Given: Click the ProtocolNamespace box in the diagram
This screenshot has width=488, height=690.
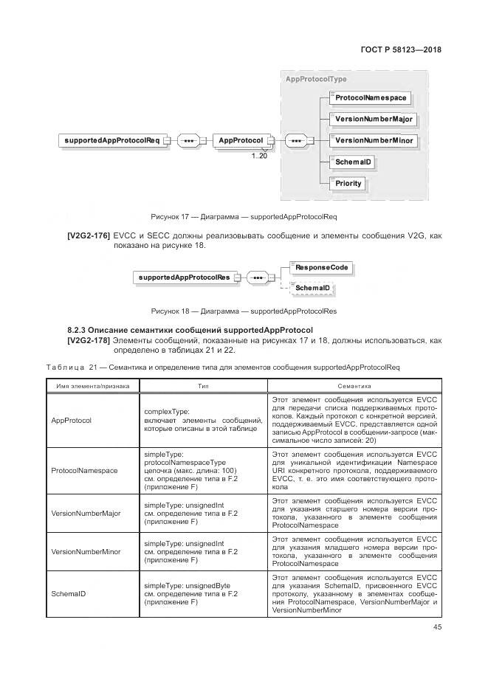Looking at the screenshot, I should (370, 97).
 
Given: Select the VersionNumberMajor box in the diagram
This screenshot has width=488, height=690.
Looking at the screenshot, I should (373, 119).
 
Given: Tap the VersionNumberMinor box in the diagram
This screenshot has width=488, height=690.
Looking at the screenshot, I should (373, 140).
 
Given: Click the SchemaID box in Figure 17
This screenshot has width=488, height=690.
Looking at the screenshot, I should (351, 162).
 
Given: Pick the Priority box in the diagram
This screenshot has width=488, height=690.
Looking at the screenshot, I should (348, 183).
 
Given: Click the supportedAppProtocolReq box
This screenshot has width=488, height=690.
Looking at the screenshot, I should (111, 140).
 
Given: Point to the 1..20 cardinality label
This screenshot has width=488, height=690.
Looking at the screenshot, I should (259, 156).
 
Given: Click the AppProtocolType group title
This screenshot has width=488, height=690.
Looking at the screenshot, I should (316, 79).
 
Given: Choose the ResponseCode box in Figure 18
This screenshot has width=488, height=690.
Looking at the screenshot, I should (320, 267).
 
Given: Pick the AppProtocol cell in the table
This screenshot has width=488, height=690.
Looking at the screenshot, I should (71, 420).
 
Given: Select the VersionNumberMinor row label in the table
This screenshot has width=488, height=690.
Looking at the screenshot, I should (86, 551).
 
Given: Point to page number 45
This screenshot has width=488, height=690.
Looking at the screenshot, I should (436, 627).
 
